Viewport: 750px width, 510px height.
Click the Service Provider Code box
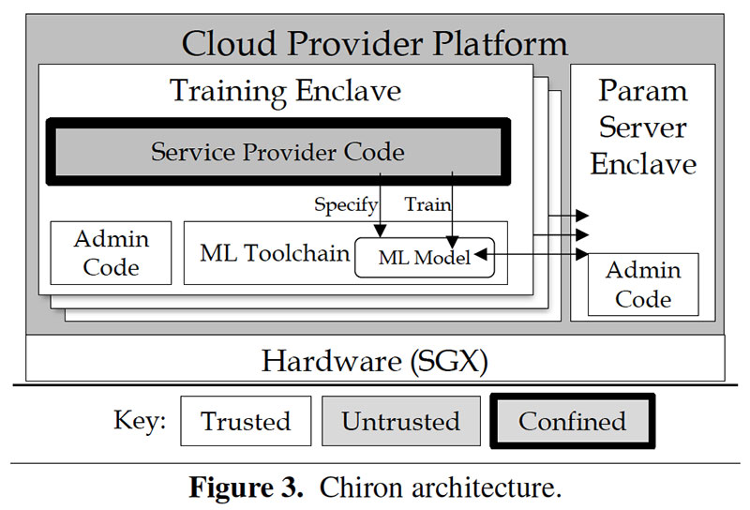click(x=277, y=152)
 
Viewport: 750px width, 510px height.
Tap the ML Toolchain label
click(x=274, y=253)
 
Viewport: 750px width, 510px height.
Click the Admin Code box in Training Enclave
click(x=111, y=252)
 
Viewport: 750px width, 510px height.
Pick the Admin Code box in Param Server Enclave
click(x=642, y=284)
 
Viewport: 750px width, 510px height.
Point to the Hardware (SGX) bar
click(x=375, y=360)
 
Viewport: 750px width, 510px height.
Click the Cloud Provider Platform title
click(x=374, y=43)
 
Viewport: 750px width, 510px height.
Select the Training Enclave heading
click(x=285, y=91)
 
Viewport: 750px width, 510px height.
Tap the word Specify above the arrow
click(x=346, y=203)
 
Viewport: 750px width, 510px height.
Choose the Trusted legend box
click(x=246, y=421)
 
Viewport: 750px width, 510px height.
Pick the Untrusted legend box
click(x=400, y=421)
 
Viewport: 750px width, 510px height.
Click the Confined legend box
click(x=572, y=421)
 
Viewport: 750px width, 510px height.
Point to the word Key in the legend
click(x=139, y=420)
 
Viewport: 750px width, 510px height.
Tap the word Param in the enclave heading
click(x=642, y=91)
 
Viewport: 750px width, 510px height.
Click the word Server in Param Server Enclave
click(x=642, y=127)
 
